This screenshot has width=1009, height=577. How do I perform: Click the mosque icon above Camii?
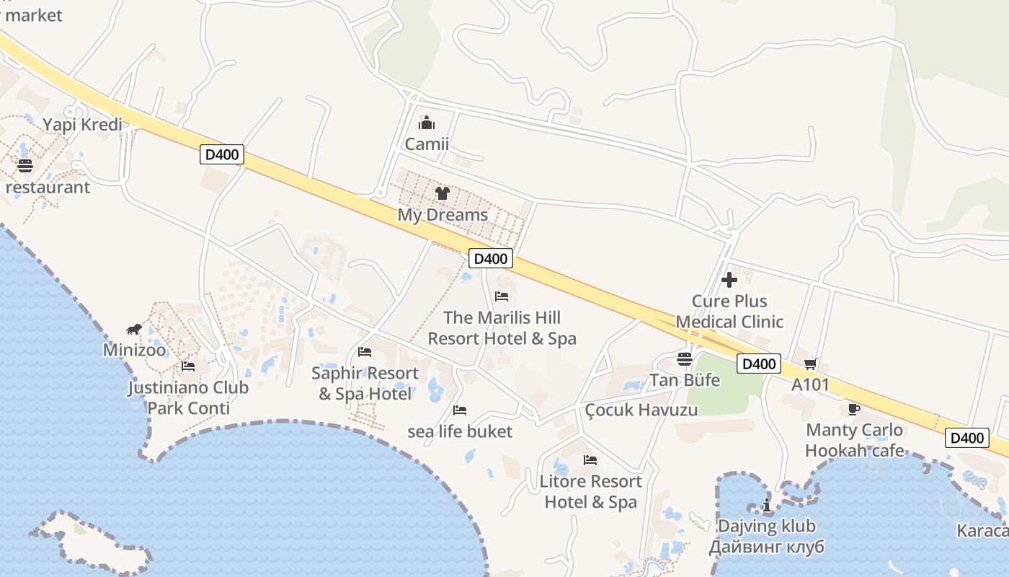coord(427,123)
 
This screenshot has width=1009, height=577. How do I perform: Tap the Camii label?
coord(427,144)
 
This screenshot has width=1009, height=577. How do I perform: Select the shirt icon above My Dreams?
coord(442,193)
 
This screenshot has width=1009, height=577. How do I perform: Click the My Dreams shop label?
coord(443,215)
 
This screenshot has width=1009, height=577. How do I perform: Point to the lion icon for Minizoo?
coord(134,330)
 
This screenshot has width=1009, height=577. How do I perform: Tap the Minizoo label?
coord(134,351)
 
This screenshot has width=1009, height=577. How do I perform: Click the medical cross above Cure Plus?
coord(729,280)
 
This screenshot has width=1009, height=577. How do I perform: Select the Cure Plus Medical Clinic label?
coord(729,312)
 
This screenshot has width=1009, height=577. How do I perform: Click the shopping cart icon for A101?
coord(811,364)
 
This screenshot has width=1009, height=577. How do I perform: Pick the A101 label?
coord(811,384)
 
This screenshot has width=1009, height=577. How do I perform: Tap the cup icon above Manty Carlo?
coord(854,409)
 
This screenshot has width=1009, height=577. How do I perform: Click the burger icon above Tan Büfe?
coord(685,359)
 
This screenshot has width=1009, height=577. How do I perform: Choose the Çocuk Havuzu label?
coord(641,410)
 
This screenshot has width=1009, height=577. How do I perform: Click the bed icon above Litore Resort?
coord(590,459)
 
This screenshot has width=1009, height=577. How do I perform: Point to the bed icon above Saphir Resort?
coord(365,352)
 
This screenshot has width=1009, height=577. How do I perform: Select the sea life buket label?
coord(460,432)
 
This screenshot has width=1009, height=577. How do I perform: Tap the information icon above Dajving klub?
coord(766,505)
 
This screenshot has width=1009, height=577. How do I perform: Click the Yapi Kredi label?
coord(82,124)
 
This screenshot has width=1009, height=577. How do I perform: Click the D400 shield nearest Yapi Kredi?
coord(221,154)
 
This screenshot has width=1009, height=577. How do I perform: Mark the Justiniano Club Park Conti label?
coord(188,397)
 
